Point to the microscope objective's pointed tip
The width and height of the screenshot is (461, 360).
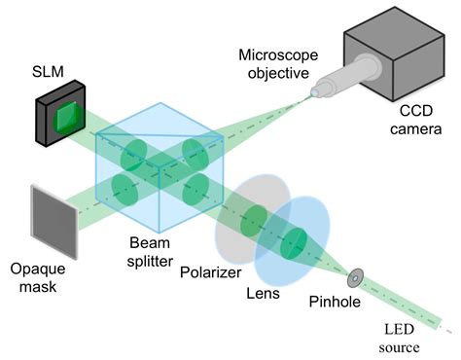click(x=312, y=94)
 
